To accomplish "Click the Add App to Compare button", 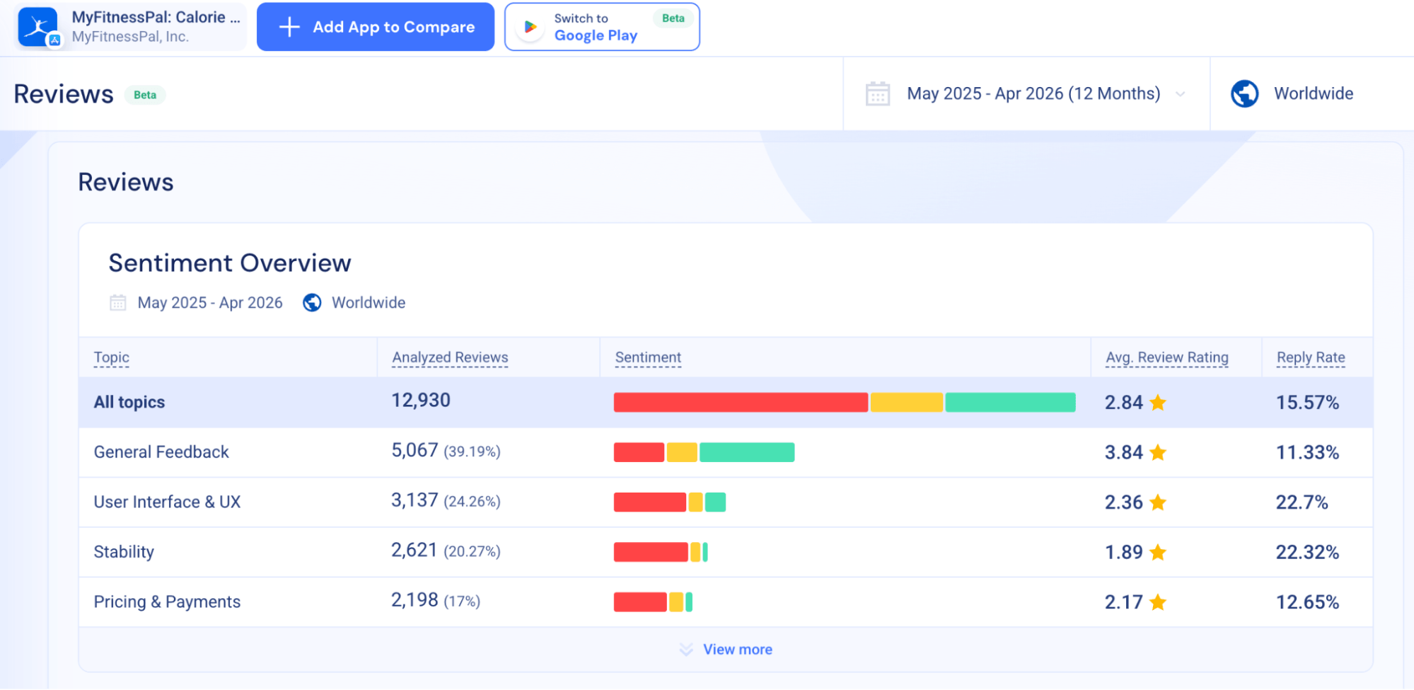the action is tap(375, 27).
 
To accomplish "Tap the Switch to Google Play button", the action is tap(602, 27).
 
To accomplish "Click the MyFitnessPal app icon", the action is tap(38, 28).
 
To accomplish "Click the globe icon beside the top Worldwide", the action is tap(1244, 93).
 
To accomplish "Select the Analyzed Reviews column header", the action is tap(450, 357).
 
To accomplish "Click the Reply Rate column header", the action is tap(1310, 357).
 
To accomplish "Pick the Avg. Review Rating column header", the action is tap(1166, 357).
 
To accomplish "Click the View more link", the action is tap(737, 649).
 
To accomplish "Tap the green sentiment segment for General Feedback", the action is tap(747, 452).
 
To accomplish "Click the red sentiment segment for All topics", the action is tap(741, 402).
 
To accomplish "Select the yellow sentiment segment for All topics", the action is tap(906, 402).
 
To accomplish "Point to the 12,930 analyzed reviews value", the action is tap(421, 401).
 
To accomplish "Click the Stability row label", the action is tap(124, 552).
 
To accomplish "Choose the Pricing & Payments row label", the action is tap(167, 602).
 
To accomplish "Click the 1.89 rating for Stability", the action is tap(1124, 552).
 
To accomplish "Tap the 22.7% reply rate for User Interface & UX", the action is tap(1302, 502).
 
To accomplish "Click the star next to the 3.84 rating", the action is tap(1158, 452).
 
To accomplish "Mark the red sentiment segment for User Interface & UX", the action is tap(649, 502).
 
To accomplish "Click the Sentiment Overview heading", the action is tap(230, 263).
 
